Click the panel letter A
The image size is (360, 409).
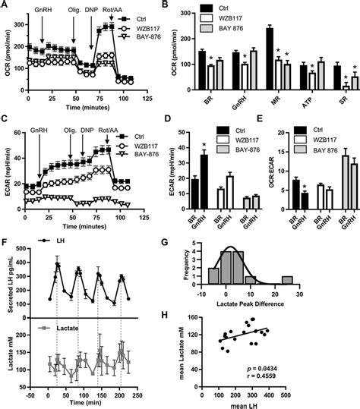click(5, 6)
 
